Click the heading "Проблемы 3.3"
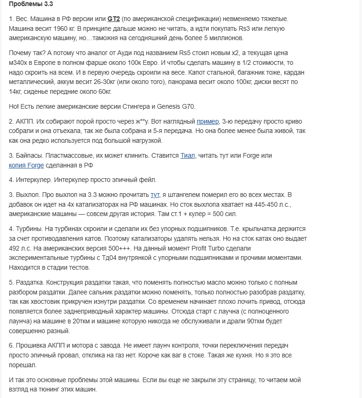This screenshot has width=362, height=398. pos(31,5)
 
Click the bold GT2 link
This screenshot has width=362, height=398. pos(114,19)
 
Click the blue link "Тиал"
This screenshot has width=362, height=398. pos(188,155)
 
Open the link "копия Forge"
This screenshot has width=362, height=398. pos(27,165)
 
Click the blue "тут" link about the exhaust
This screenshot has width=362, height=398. pos(155,195)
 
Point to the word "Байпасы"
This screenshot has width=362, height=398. pos(29,155)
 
